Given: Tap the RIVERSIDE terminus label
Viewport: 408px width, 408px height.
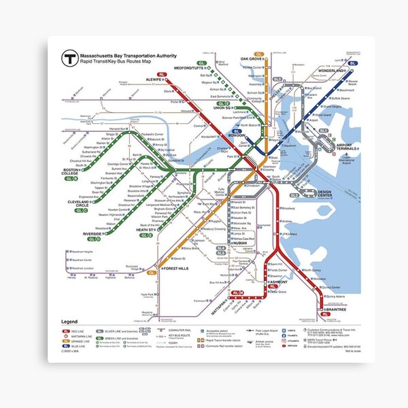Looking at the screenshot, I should point(93,234).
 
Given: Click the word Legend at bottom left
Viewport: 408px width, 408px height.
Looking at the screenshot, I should point(71,321).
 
